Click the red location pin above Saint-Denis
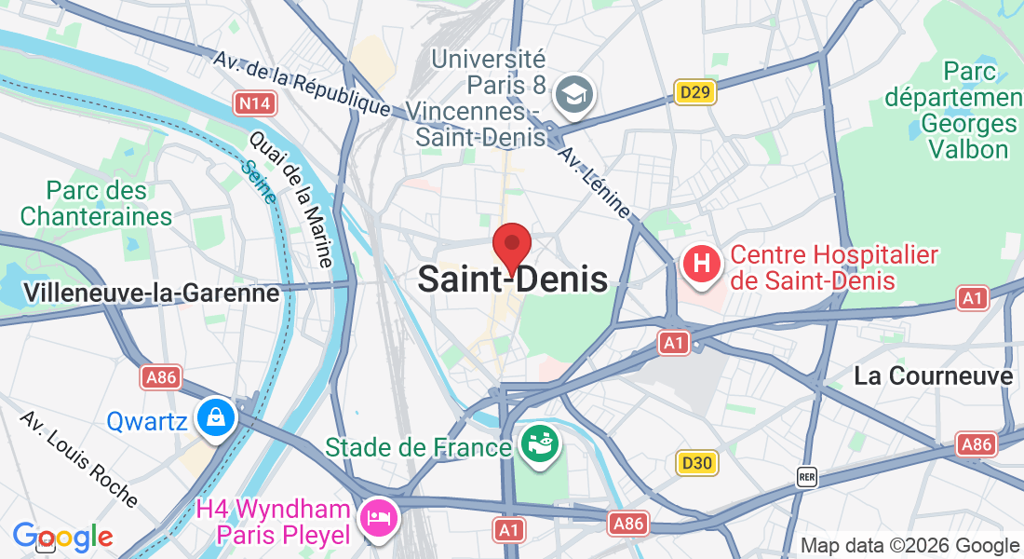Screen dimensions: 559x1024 pyautogui.click(x=511, y=246)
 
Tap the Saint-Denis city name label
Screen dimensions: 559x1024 pyautogui.click(x=513, y=279)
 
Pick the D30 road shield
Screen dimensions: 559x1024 pyautogui.click(x=696, y=463)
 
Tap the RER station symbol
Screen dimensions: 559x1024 pyautogui.click(x=807, y=477)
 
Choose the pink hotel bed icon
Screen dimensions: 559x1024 pyautogui.click(x=379, y=515)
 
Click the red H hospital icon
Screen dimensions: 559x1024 pyautogui.click(x=702, y=264)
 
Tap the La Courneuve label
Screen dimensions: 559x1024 pyautogui.click(x=934, y=375)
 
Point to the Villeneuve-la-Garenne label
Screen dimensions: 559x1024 pyautogui.click(x=152, y=293)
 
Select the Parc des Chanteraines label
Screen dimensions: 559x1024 pyautogui.click(x=96, y=204)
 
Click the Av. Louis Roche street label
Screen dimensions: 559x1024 pyautogui.click(x=79, y=459)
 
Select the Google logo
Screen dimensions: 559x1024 pyautogui.click(x=62, y=537)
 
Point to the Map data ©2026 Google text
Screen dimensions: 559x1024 pyautogui.click(x=909, y=546)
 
